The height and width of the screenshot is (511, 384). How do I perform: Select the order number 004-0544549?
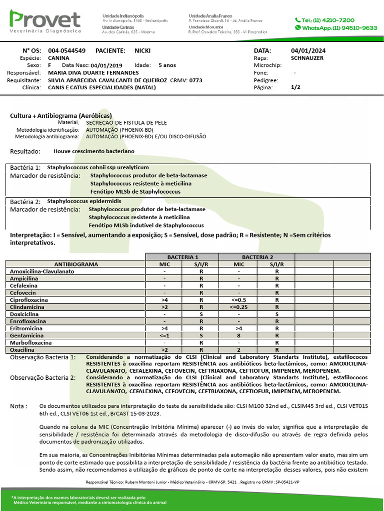pos(66,51)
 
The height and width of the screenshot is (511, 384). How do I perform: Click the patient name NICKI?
pos(142,51)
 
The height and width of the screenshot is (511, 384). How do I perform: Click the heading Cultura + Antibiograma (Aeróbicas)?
pos(61,115)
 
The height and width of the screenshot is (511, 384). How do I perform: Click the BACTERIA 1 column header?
pos(182,256)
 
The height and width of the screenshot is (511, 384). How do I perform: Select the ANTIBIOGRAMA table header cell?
pos(75,264)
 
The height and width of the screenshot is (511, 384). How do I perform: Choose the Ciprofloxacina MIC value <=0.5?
pos(239,300)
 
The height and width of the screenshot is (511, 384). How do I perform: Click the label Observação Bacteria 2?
pos(43,378)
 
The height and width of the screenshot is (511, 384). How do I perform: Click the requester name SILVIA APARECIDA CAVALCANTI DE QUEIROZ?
pos(107,80)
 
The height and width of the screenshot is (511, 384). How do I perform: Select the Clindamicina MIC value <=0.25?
pos(239,307)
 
